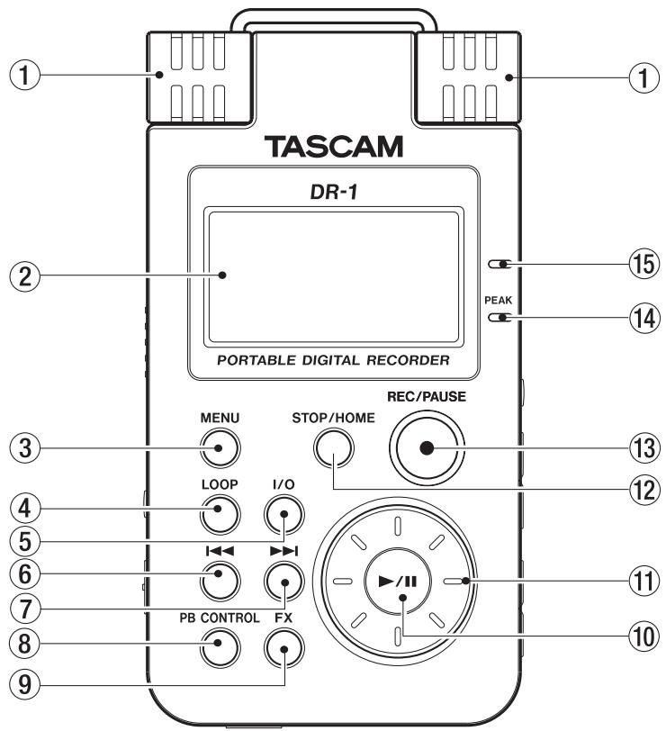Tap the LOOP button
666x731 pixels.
pos(219,517)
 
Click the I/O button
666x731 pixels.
pos(282,517)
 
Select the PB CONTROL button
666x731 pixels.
pos(219,645)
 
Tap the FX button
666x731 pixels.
pos(282,645)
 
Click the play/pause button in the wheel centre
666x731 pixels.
pos(396,582)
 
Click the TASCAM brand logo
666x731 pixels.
pos(334,145)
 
